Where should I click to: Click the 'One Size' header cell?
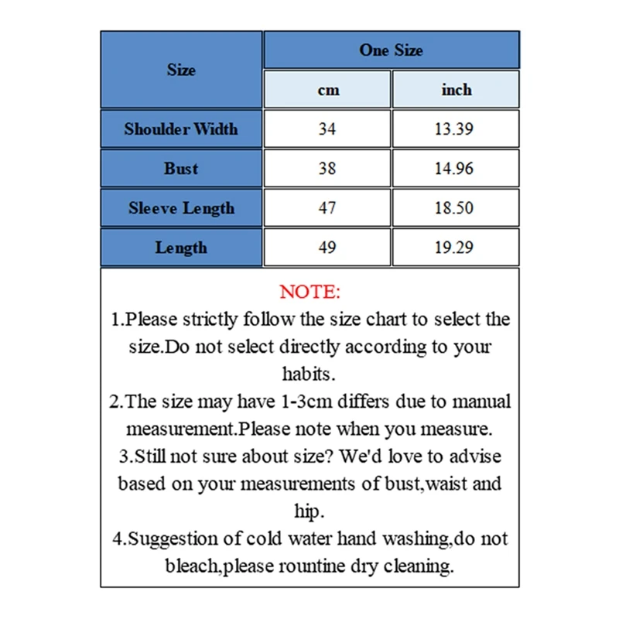(x=391, y=50)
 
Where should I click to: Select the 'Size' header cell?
(x=181, y=70)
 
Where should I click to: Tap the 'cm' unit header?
(x=328, y=90)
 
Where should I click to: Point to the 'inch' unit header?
(x=456, y=90)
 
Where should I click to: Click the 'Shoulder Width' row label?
(x=181, y=128)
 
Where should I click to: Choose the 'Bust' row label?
(x=181, y=168)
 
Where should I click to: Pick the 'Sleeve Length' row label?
(x=181, y=208)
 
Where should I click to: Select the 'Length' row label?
(x=181, y=248)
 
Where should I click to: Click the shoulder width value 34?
(x=327, y=128)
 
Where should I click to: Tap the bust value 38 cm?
(x=327, y=168)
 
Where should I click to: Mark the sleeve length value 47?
(x=327, y=208)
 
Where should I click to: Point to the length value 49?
(x=327, y=248)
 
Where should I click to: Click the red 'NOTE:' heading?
(x=309, y=292)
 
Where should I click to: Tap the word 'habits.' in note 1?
(x=309, y=374)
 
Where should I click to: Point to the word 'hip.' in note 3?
(x=309, y=511)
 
